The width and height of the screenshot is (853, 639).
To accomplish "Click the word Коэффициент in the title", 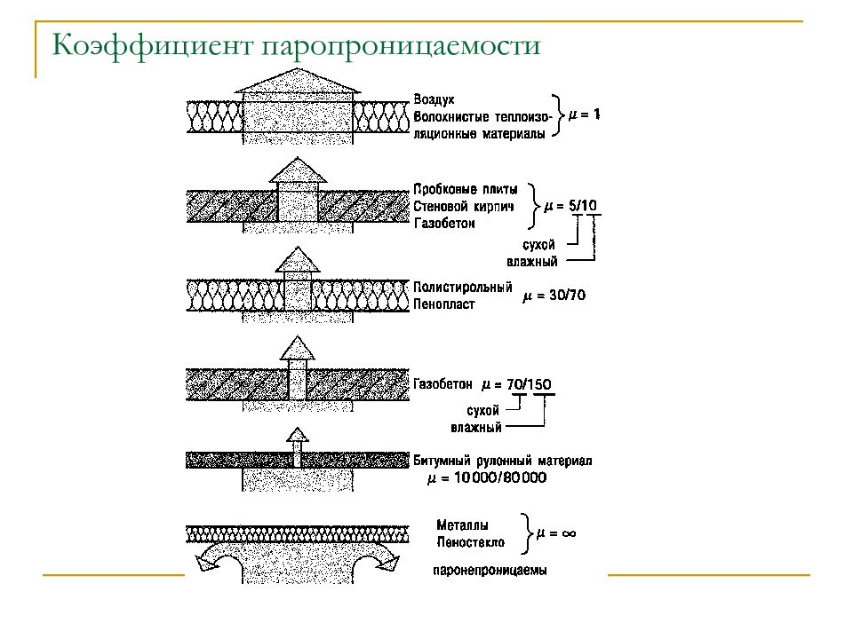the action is [152, 45].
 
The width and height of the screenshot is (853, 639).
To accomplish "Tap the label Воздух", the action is [434, 100].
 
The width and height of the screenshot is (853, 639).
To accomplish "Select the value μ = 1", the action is [584, 114].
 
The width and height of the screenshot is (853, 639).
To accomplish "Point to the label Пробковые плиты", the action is [465, 189].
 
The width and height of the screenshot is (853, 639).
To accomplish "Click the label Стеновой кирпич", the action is [464, 207].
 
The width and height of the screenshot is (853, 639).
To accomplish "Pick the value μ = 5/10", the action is [570, 206].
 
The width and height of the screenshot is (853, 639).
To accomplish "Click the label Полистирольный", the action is [462, 287].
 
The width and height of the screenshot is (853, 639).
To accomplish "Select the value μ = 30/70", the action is [554, 296].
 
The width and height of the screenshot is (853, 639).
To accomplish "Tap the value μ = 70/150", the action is [516, 384].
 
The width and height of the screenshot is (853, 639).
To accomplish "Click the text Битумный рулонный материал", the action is [502, 461].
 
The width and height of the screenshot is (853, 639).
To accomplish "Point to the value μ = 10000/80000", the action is [487, 478].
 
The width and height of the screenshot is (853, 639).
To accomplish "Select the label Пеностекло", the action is [471, 542].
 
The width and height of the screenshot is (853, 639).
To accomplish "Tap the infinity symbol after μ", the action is [569, 533].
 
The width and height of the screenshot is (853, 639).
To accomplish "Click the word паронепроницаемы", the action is [490, 571].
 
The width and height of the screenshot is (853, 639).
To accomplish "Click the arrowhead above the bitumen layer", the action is [298, 434].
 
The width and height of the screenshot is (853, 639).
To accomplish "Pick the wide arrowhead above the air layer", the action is [298, 81].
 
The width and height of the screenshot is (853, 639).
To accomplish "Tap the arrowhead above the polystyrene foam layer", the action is [298, 259].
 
